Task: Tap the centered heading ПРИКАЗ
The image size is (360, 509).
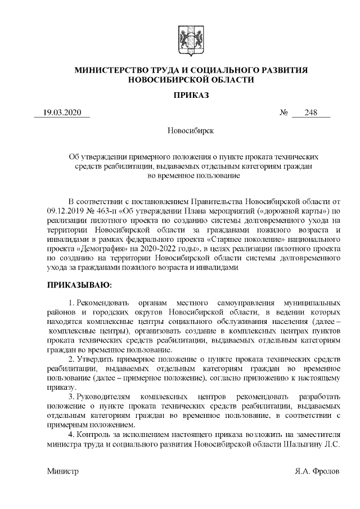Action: [191, 96]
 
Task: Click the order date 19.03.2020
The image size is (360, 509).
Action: [62, 112]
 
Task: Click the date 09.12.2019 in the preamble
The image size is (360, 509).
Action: [65, 211]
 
